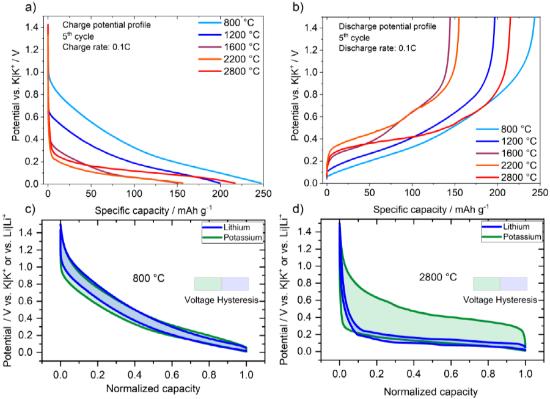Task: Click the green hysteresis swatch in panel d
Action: (x=486, y=284)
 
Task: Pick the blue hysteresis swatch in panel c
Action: (x=235, y=284)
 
